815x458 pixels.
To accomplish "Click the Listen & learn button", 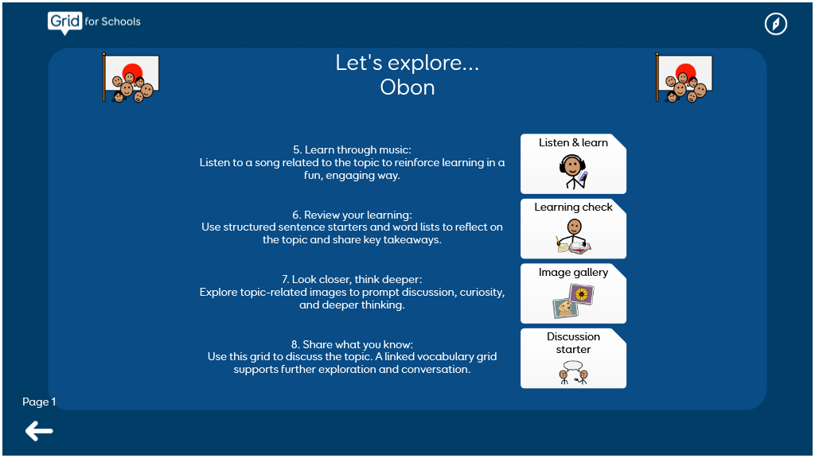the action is tap(573, 164).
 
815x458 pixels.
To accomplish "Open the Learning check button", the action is tap(573, 229).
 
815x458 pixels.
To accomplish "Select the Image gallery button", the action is tap(573, 293).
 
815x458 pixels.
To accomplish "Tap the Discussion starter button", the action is tap(573, 359).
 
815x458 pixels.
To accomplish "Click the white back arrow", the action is tap(39, 431).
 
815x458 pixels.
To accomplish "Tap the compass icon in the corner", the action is tap(775, 24).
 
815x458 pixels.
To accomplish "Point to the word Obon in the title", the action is tap(407, 87).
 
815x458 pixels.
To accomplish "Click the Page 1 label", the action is tap(39, 402).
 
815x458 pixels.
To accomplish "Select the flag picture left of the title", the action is tap(131, 78).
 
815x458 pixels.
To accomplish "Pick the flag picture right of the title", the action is tap(684, 78).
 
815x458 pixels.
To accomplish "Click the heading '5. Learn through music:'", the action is tap(352, 150).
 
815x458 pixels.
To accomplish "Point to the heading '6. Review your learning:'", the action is tap(352, 215).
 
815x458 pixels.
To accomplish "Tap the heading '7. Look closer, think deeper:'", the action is tap(352, 279).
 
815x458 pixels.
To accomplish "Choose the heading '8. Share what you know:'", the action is tap(352, 344).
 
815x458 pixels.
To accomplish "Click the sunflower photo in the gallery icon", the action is tap(582, 294).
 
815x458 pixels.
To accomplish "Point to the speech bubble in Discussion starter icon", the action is tap(573, 366).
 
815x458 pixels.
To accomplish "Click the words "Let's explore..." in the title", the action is tap(407, 63).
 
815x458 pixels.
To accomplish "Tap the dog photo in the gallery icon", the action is tap(565, 309).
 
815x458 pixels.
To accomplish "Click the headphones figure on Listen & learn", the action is tap(573, 172).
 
